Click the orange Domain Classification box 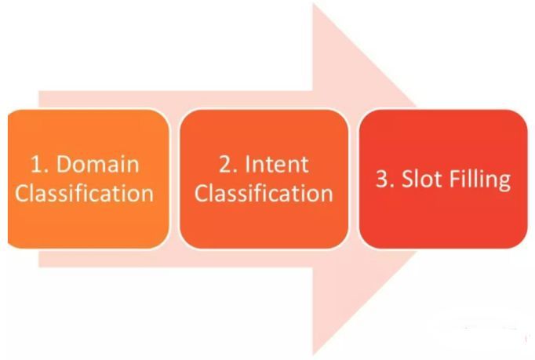[x=89, y=179]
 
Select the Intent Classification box [x=264, y=179]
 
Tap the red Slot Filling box [x=443, y=179]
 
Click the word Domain [x=97, y=164]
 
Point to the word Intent [x=277, y=164]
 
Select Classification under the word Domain [x=84, y=193]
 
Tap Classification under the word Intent [x=264, y=193]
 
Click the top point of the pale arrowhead [x=313, y=3]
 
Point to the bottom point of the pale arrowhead [x=313, y=355]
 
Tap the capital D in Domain [x=64, y=164]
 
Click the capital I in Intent [x=247, y=164]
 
